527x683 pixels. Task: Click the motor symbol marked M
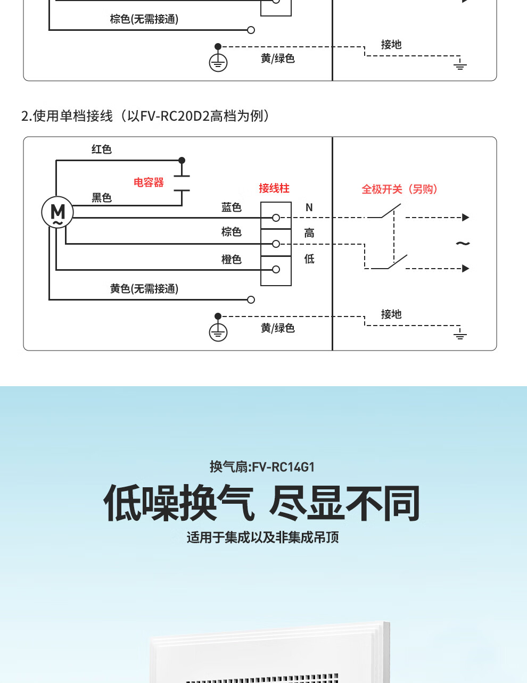pos(57,212)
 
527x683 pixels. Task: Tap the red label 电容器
pos(149,182)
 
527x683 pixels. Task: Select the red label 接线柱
pos(274,188)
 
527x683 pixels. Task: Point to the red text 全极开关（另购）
pos(400,189)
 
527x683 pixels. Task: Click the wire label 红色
pos(102,149)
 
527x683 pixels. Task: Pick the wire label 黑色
pos(102,198)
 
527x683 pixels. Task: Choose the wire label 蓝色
pos(232,207)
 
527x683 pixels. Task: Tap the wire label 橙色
pos(232,259)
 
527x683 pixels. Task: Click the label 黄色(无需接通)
pos(144,288)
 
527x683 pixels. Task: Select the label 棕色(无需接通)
pos(144,19)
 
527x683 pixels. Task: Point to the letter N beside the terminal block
pos(309,207)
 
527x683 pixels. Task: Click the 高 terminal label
pos(309,233)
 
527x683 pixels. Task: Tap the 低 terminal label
pos(309,259)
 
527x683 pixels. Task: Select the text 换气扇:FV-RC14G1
pos(262,467)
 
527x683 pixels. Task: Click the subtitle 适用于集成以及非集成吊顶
pos(263,537)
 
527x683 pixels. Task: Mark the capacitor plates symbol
pos(182,183)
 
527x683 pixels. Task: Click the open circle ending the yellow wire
pos(251,299)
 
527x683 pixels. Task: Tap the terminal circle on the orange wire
pos(276,269)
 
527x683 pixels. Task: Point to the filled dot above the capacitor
pos(182,160)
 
